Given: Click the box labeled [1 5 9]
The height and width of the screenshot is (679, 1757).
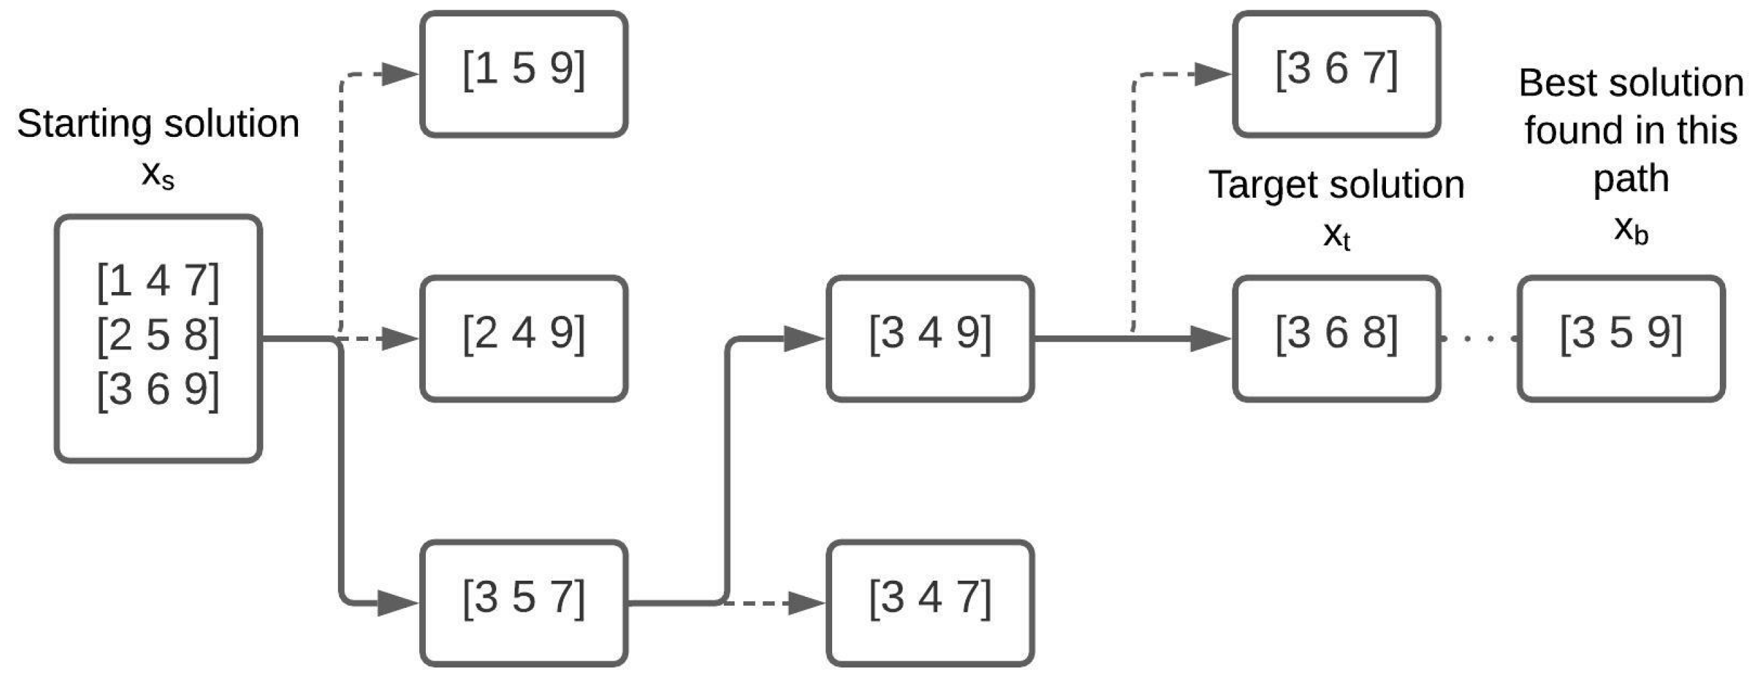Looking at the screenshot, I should (524, 74).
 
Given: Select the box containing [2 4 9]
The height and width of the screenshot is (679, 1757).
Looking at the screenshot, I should (524, 337).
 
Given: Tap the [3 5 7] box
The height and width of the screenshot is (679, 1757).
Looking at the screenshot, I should (524, 602).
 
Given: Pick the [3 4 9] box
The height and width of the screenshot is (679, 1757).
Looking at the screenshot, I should (930, 337).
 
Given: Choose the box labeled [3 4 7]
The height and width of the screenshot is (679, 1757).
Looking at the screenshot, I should (930, 602).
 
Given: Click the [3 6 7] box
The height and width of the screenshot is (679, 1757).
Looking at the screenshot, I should (1337, 74).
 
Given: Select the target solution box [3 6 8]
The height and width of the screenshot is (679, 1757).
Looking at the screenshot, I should (1337, 337).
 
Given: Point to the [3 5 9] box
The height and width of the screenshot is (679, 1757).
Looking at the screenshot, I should (1621, 337).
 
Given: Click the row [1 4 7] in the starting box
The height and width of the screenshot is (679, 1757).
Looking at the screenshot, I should (158, 281).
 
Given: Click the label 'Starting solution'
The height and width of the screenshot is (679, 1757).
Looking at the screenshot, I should (158, 124).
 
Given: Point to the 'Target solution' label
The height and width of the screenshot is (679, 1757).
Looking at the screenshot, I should (1337, 185).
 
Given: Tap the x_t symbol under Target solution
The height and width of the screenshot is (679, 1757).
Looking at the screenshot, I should (1337, 236).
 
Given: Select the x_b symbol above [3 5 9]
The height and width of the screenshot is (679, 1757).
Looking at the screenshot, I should (1631, 230).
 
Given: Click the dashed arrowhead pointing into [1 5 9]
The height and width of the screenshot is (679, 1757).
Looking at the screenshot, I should (399, 74).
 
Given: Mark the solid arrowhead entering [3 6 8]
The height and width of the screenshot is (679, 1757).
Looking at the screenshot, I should (1210, 337).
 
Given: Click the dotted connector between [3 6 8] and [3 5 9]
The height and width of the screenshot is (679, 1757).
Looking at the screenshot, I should (1479, 337).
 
